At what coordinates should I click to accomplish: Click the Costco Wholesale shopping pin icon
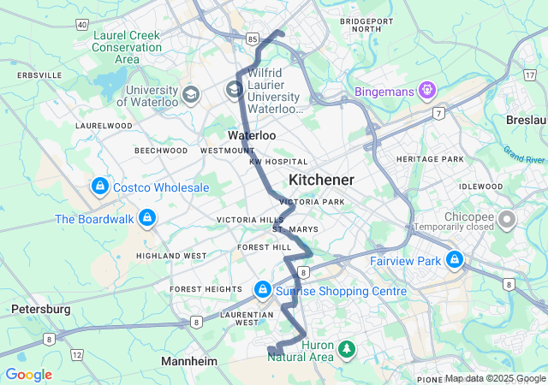[100, 186]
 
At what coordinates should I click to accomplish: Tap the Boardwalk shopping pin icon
[148, 217]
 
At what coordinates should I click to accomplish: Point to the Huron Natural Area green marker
[347, 348]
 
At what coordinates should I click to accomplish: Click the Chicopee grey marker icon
[507, 220]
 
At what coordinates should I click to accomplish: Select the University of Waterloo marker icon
[191, 93]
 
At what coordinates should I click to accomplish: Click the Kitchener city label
[321, 180]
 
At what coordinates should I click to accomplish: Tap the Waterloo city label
[252, 135]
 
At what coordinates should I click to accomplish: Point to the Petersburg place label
[40, 308]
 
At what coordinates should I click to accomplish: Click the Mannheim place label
[189, 362]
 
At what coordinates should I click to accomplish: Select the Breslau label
[526, 120]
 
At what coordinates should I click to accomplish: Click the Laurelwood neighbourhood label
[103, 126]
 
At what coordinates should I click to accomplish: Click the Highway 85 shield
[252, 38]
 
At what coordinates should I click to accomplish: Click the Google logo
[28, 375]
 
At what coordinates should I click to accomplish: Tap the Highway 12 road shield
[77, 354]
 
